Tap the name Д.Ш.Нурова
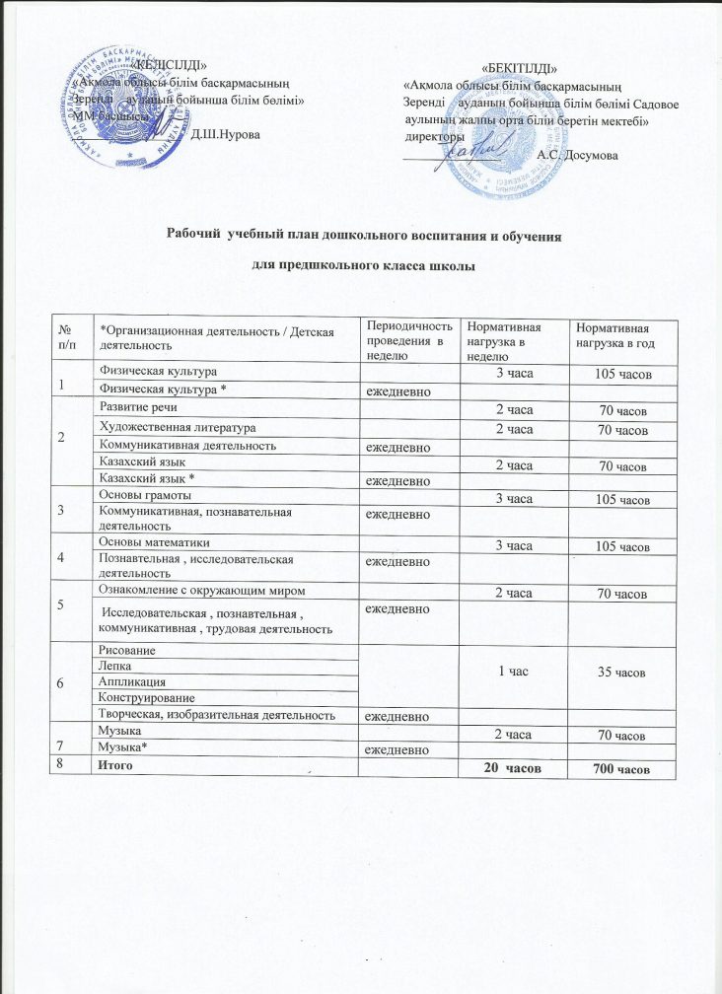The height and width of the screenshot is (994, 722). [x=226, y=132]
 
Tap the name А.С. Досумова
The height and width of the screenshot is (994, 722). [x=577, y=154]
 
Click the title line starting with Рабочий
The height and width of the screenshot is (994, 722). [x=361, y=238]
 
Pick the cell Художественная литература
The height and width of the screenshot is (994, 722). [x=172, y=427]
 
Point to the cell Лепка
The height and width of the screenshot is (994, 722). [x=114, y=666]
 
